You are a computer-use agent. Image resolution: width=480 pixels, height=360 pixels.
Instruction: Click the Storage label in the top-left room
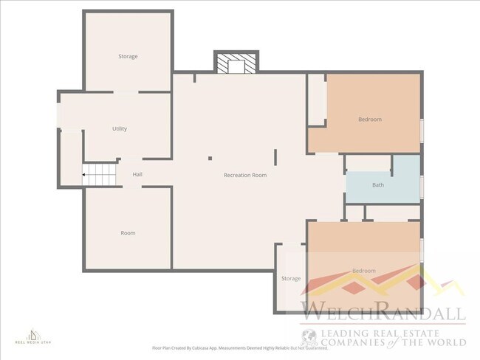128,57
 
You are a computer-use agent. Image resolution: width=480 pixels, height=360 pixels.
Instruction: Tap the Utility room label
120,128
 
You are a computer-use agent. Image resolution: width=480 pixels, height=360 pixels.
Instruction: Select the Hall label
137,175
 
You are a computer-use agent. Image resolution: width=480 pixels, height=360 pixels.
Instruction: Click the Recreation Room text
245,175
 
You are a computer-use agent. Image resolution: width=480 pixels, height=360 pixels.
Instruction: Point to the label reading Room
128,233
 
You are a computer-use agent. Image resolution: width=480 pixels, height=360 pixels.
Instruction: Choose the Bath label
378,185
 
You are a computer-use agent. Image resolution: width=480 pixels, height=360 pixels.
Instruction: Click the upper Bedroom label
370,119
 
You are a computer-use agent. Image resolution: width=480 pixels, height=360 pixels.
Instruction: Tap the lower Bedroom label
363,271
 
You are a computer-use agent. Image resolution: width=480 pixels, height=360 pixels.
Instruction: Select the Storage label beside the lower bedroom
291,278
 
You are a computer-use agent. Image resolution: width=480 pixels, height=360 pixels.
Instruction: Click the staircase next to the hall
100,175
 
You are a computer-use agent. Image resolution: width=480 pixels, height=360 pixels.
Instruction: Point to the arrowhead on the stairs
85,175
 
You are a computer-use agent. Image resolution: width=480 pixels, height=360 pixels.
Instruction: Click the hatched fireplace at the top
236,63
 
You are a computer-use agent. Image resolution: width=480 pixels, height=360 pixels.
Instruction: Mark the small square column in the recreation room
210,157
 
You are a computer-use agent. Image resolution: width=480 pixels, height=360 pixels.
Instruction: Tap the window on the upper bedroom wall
422,129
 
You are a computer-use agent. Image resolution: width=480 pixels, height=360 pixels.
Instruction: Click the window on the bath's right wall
422,184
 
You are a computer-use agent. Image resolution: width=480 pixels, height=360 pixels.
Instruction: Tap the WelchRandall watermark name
382,310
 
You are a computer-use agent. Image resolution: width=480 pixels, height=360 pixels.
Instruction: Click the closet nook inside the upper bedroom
317,100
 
